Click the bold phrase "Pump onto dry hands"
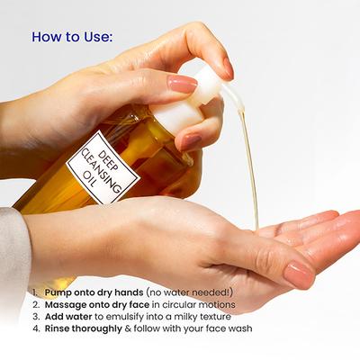click(x=90, y=292)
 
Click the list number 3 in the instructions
click(x=33, y=317)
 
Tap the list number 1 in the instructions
click(x=33, y=292)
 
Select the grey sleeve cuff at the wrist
click(x=13, y=252)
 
